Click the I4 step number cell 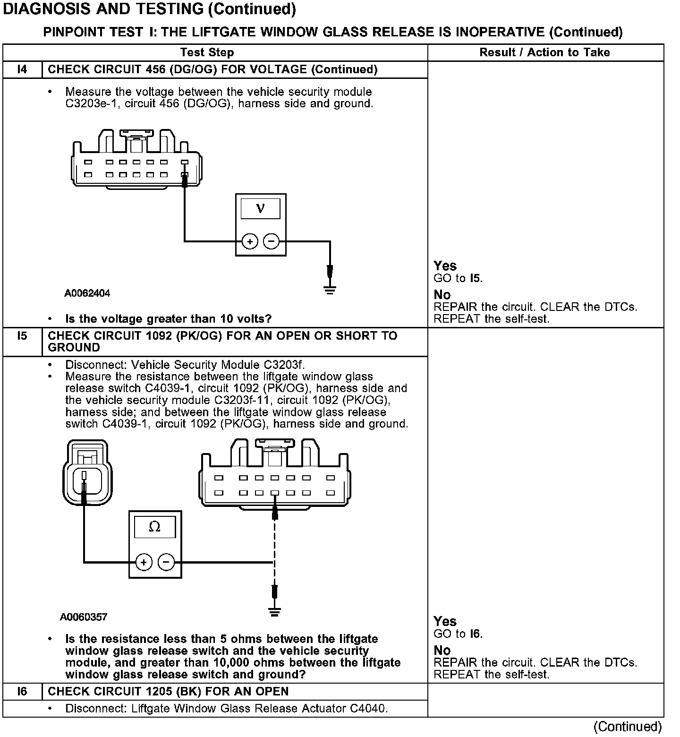22,69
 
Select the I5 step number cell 22,336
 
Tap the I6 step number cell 22,692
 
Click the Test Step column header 207,52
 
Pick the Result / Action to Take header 544,52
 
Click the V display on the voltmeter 260,208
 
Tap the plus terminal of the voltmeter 249,242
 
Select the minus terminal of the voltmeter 271,242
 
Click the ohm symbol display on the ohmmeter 154,527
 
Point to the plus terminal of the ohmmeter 144,562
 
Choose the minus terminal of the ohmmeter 166,562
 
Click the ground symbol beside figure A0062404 330,290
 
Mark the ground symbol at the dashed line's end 274,612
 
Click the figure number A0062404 87,293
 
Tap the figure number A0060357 84,617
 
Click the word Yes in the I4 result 445,266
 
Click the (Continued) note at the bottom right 628,726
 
